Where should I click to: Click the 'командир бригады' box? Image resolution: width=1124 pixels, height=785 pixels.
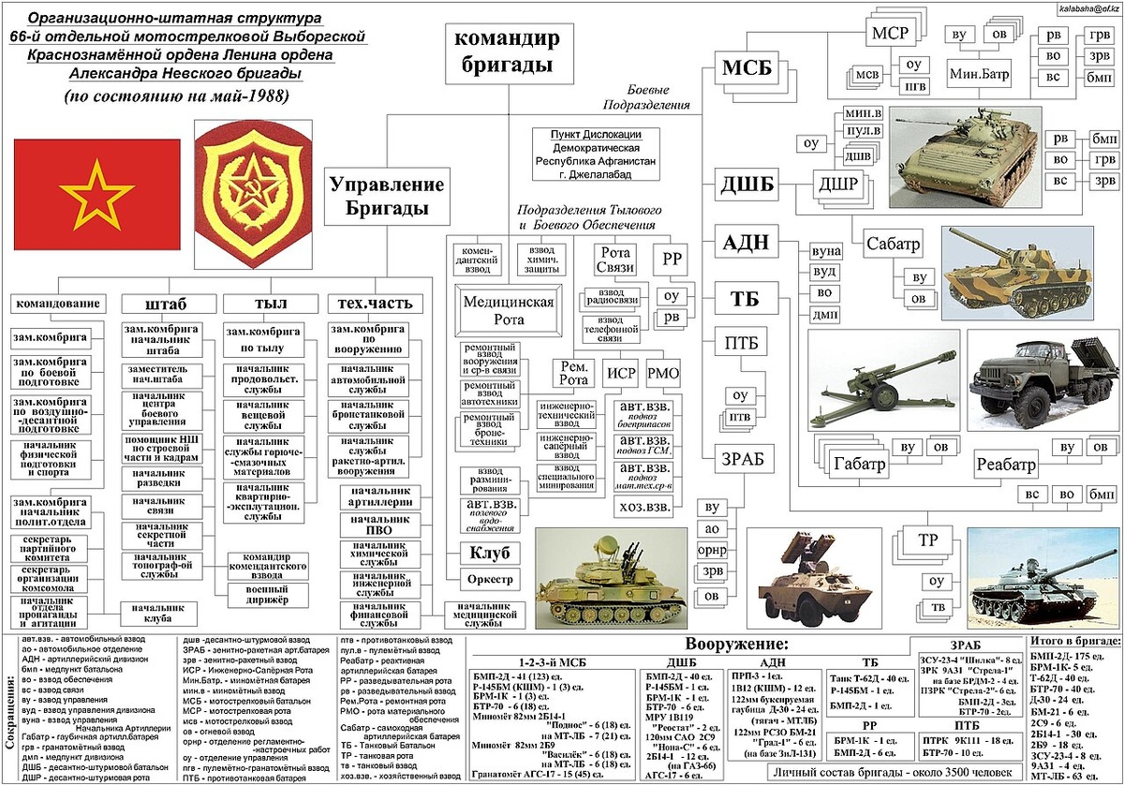[x=507, y=52]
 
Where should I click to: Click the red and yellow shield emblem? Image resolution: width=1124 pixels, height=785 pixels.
[x=253, y=182]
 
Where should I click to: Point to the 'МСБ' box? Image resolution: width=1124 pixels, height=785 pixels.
[x=747, y=67]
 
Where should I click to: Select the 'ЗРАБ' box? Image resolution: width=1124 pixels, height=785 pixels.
[x=743, y=458]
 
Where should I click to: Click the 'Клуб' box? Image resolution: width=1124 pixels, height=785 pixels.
[x=489, y=553]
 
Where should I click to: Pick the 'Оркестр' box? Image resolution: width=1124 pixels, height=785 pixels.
[x=489, y=579]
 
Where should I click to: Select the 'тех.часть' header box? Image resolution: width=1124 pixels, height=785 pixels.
[x=375, y=304]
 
